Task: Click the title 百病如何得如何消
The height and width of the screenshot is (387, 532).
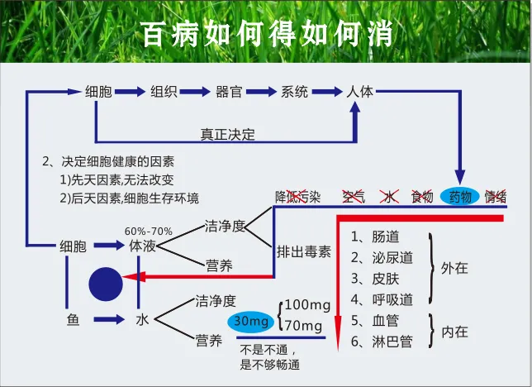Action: coord(266,34)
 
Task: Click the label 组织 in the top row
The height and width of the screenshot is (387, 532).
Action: coord(163,91)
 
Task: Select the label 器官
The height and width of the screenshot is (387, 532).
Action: coord(229,91)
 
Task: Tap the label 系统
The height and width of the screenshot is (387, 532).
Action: coord(295,91)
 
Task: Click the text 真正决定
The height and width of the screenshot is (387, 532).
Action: coord(228,134)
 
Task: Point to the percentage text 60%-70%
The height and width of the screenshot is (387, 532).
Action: coord(149,230)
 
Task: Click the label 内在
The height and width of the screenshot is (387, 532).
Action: coord(455,332)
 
